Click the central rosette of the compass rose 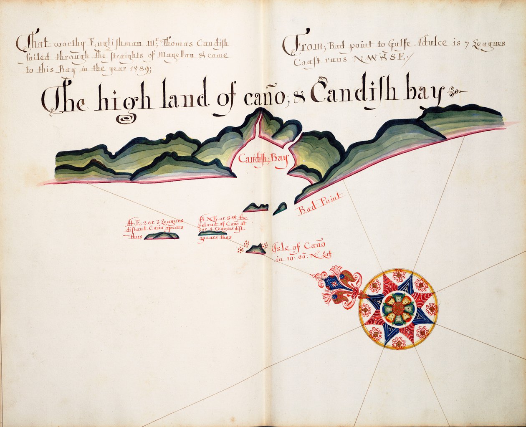[x=398, y=309]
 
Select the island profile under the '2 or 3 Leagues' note [x=162, y=236]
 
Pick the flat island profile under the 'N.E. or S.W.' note [x=213, y=233]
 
